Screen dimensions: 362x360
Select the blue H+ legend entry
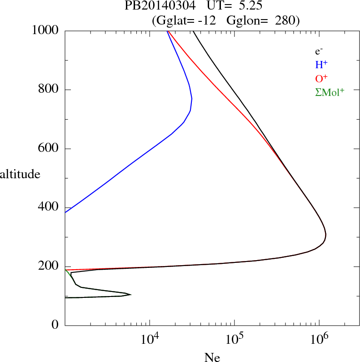coord(321,65)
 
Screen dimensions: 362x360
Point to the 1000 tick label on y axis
coord(45,30)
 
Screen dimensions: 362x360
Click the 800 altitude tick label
coord(49,90)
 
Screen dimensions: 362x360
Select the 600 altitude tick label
coord(49,149)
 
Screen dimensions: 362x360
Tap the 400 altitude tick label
coord(49,208)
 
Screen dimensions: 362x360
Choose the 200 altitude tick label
coord(49,267)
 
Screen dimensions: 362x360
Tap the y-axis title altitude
coord(20,174)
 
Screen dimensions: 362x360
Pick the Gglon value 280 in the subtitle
coord(286,20)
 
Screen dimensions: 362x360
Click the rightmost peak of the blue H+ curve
coord(192,99)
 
